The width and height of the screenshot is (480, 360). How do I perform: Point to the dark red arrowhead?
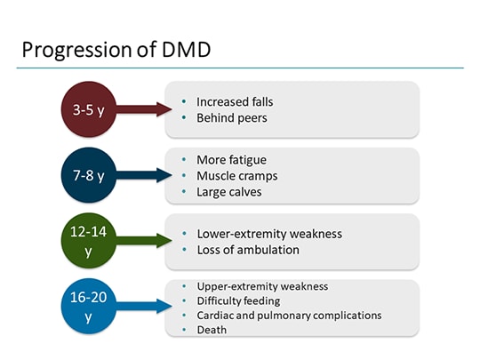pos(162,109)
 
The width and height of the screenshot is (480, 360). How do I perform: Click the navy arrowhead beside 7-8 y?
pos(162,175)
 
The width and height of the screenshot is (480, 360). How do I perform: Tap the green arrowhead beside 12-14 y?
pos(162,241)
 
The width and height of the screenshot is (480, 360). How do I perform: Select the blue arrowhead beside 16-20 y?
pos(162,307)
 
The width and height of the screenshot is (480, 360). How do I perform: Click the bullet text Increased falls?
pos(235,101)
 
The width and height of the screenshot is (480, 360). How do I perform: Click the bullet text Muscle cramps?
pos(235,175)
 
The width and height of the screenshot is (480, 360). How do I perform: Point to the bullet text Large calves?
pos(229,191)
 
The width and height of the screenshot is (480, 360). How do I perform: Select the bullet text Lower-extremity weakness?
pos(268,234)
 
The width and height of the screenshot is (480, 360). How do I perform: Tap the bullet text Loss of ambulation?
pos(247,250)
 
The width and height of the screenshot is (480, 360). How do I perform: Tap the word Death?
pos(212,329)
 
